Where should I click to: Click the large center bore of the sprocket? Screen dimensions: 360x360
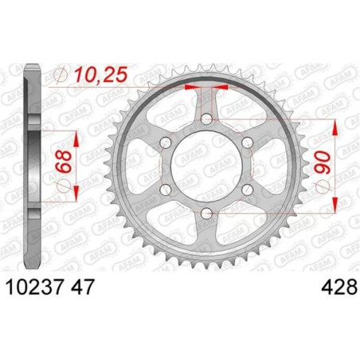click(206, 166)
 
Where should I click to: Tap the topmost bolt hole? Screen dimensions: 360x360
click(206, 119)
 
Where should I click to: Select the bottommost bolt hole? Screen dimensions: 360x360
click(206, 212)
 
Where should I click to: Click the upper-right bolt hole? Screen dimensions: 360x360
click(246, 143)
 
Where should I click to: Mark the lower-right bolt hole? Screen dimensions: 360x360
click(246, 189)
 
